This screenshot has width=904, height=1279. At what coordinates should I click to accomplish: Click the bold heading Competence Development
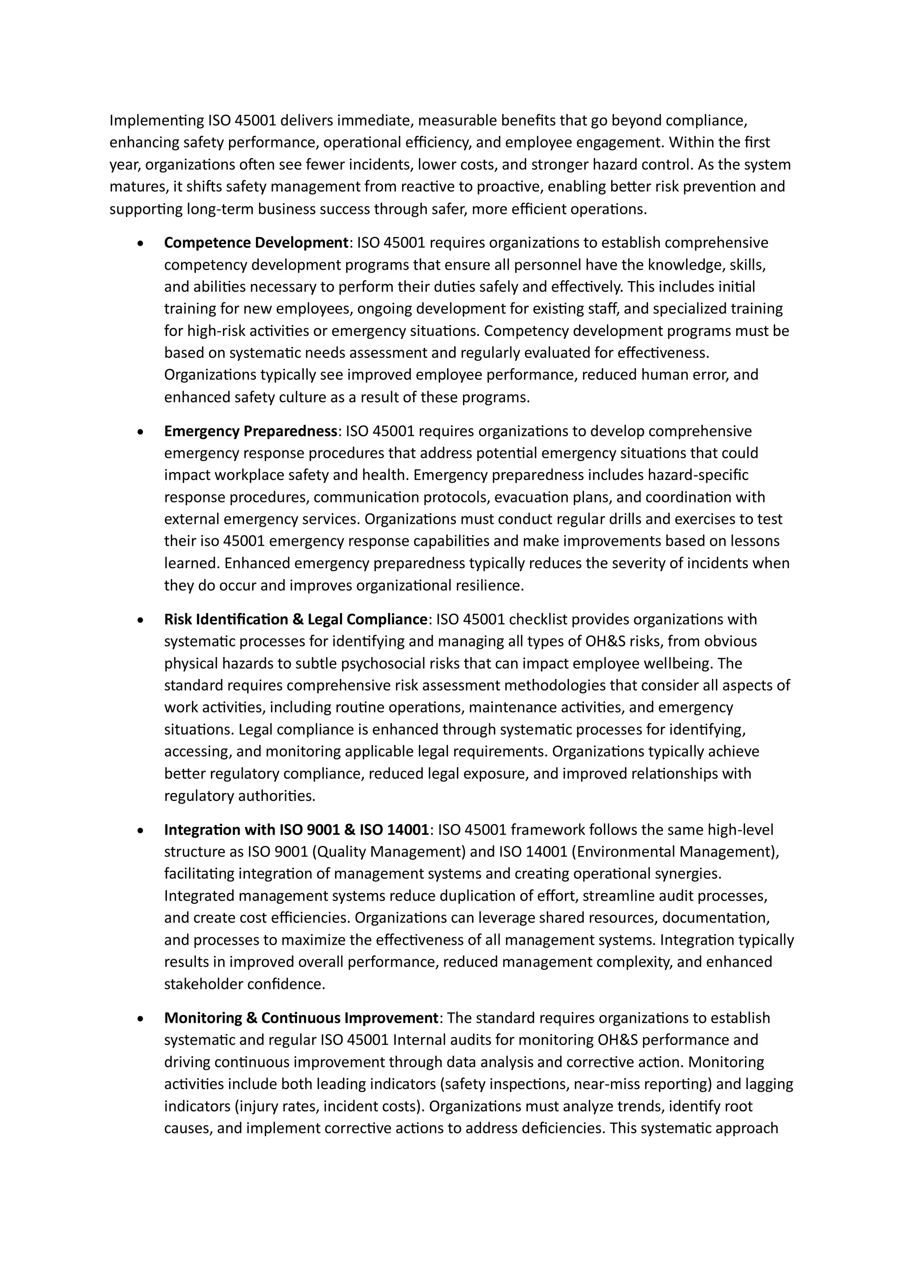(256, 243)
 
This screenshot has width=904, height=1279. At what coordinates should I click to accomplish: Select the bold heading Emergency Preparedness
(251, 431)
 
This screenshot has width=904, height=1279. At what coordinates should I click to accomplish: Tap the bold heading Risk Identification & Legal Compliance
(295, 619)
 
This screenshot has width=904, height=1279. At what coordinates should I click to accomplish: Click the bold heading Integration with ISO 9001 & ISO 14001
(296, 830)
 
